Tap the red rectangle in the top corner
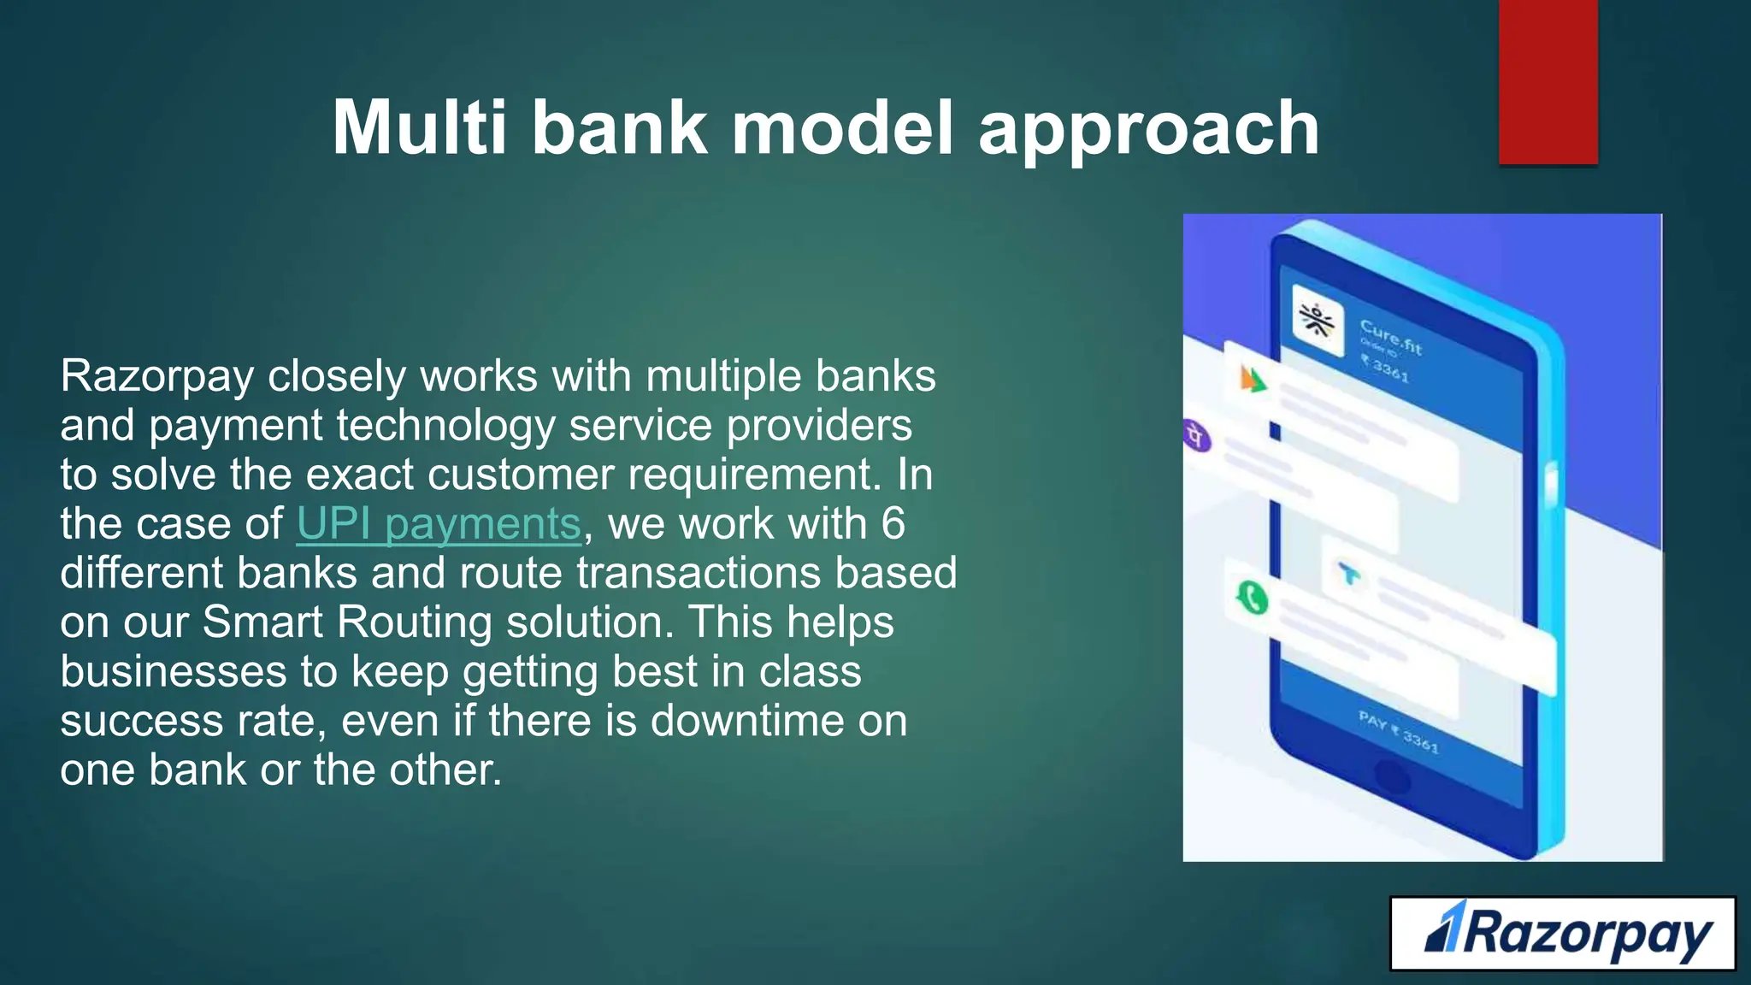1548,82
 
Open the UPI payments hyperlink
439,523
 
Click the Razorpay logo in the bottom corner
1563,934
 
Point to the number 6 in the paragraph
893,523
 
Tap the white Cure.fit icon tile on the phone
1318,321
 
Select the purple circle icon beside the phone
1197,437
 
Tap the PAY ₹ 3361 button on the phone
1400,732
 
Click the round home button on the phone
1392,776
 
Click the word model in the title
842,128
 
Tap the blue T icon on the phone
1348,574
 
